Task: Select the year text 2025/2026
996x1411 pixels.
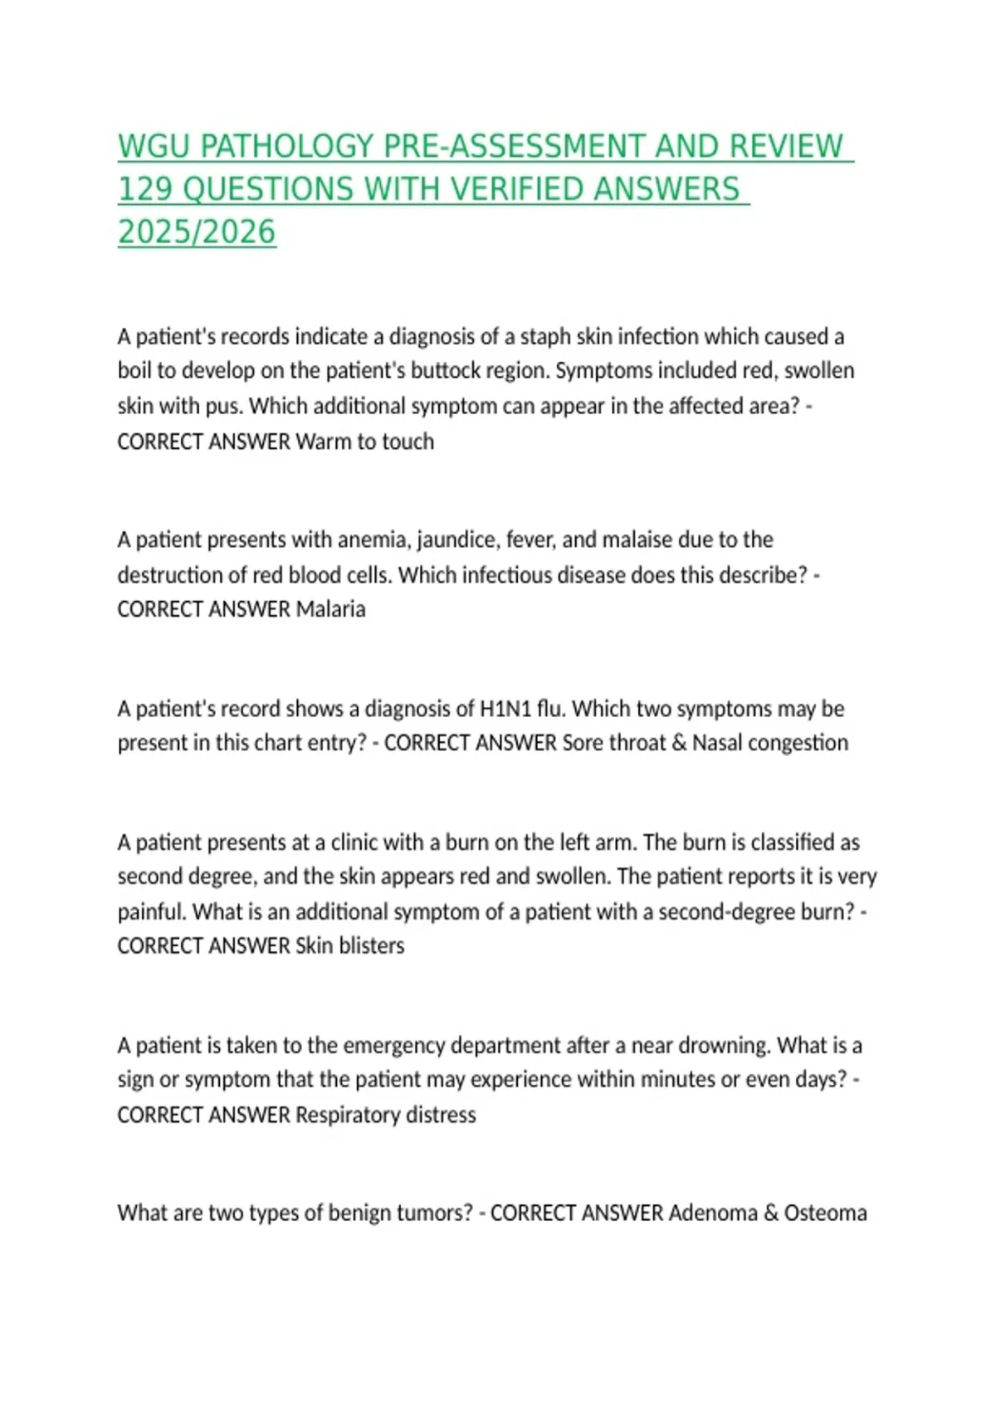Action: [x=197, y=233]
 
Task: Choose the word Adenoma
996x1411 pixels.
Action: [x=712, y=1213]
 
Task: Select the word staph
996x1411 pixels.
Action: [x=544, y=337]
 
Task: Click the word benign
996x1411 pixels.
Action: [x=359, y=1213]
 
